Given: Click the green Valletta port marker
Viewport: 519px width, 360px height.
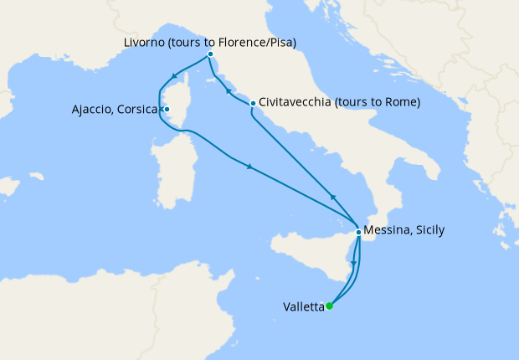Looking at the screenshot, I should click(x=330, y=306).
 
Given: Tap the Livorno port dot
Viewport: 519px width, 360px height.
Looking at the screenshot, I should click(x=210, y=55).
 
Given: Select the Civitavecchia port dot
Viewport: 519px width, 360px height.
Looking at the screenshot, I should click(x=253, y=103).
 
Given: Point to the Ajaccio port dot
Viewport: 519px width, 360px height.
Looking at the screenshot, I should click(x=167, y=109).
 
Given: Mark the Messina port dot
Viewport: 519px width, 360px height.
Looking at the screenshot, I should click(x=358, y=232).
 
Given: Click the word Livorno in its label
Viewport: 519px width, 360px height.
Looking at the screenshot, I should click(x=141, y=42).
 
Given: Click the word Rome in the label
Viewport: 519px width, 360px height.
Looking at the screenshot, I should click(x=399, y=103).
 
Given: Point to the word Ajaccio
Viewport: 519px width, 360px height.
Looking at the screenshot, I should click(x=94, y=109).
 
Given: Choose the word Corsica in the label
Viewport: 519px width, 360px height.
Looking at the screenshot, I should click(x=141, y=109).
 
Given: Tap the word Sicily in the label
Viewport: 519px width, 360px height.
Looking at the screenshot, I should click(x=430, y=230).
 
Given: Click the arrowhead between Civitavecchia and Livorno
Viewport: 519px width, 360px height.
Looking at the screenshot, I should click(x=228, y=88).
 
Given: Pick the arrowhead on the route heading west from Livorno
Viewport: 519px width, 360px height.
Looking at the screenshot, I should click(x=173, y=77).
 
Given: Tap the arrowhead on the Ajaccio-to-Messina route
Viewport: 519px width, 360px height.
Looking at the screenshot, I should click(x=249, y=167).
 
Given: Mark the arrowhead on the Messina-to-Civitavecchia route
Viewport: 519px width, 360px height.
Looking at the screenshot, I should click(x=332, y=197).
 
